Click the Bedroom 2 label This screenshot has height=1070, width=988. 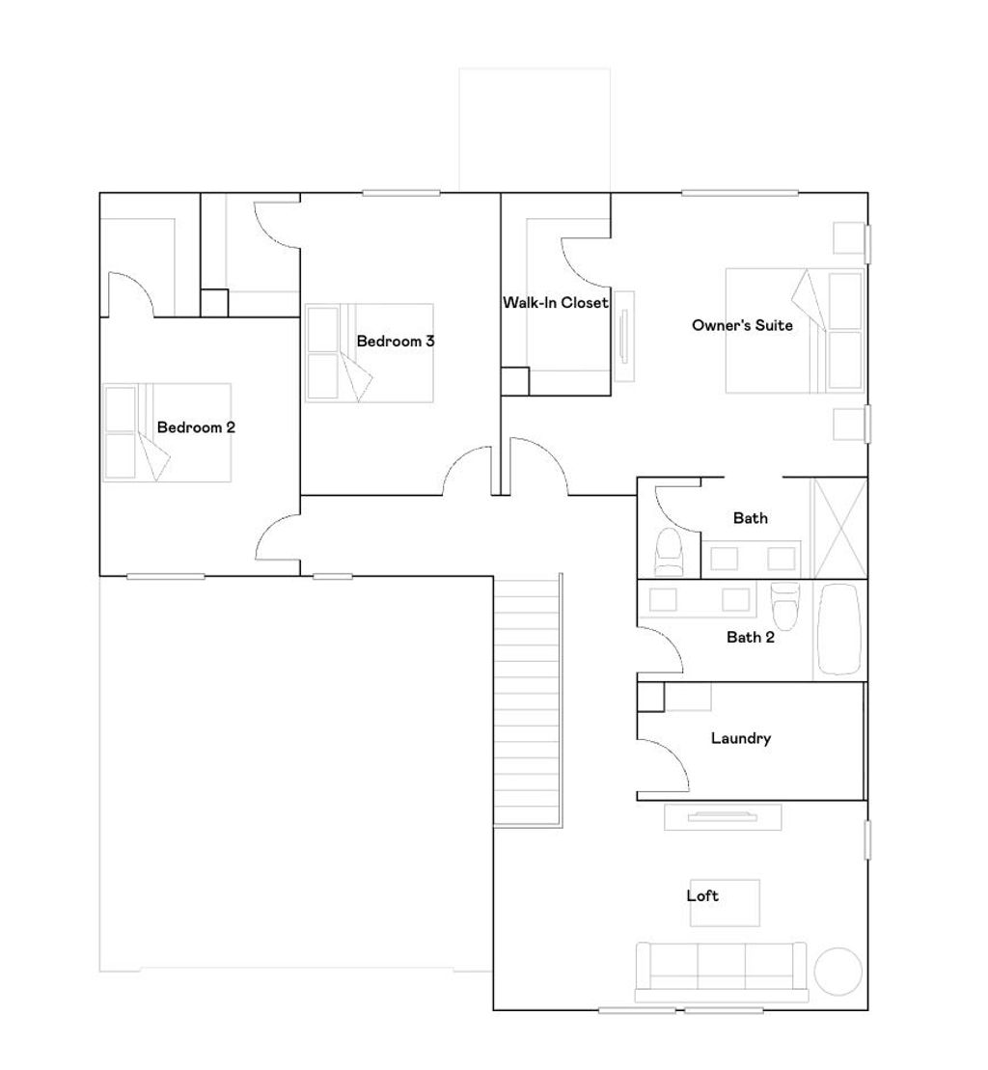pyautogui.click(x=196, y=427)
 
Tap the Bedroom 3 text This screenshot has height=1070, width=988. pyautogui.click(x=395, y=342)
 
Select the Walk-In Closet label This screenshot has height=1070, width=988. pyautogui.click(x=556, y=302)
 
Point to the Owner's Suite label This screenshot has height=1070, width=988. pyautogui.click(x=742, y=325)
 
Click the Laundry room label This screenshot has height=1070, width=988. pyautogui.click(x=741, y=738)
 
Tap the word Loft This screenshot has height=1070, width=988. pyautogui.click(x=702, y=895)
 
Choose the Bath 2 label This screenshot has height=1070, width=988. pyautogui.click(x=751, y=638)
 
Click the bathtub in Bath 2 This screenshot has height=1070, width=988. pyautogui.click(x=838, y=629)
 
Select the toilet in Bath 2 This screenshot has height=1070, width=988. pyautogui.click(x=784, y=605)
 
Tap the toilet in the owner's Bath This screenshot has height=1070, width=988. pyautogui.click(x=669, y=553)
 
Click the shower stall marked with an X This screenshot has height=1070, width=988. pyautogui.click(x=840, y=528)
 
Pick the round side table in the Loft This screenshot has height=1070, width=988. pyautogui.click(x=838, y=971)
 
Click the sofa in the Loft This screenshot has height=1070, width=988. pyautogui.click(x=721, y=972)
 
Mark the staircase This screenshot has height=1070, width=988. pyautogui.click(x=528, y=700)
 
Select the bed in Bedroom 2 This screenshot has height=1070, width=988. pyautogui.click(x=167, y=432)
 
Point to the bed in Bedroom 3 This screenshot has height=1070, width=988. pyautogui.click(x=370, y=353)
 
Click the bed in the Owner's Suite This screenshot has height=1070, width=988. pyautogui.click(x=795, y=330)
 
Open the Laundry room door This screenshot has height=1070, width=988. pyautogui.click(x=666, y=763)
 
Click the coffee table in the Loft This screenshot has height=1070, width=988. pyautogui.click(x=725, y=903)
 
